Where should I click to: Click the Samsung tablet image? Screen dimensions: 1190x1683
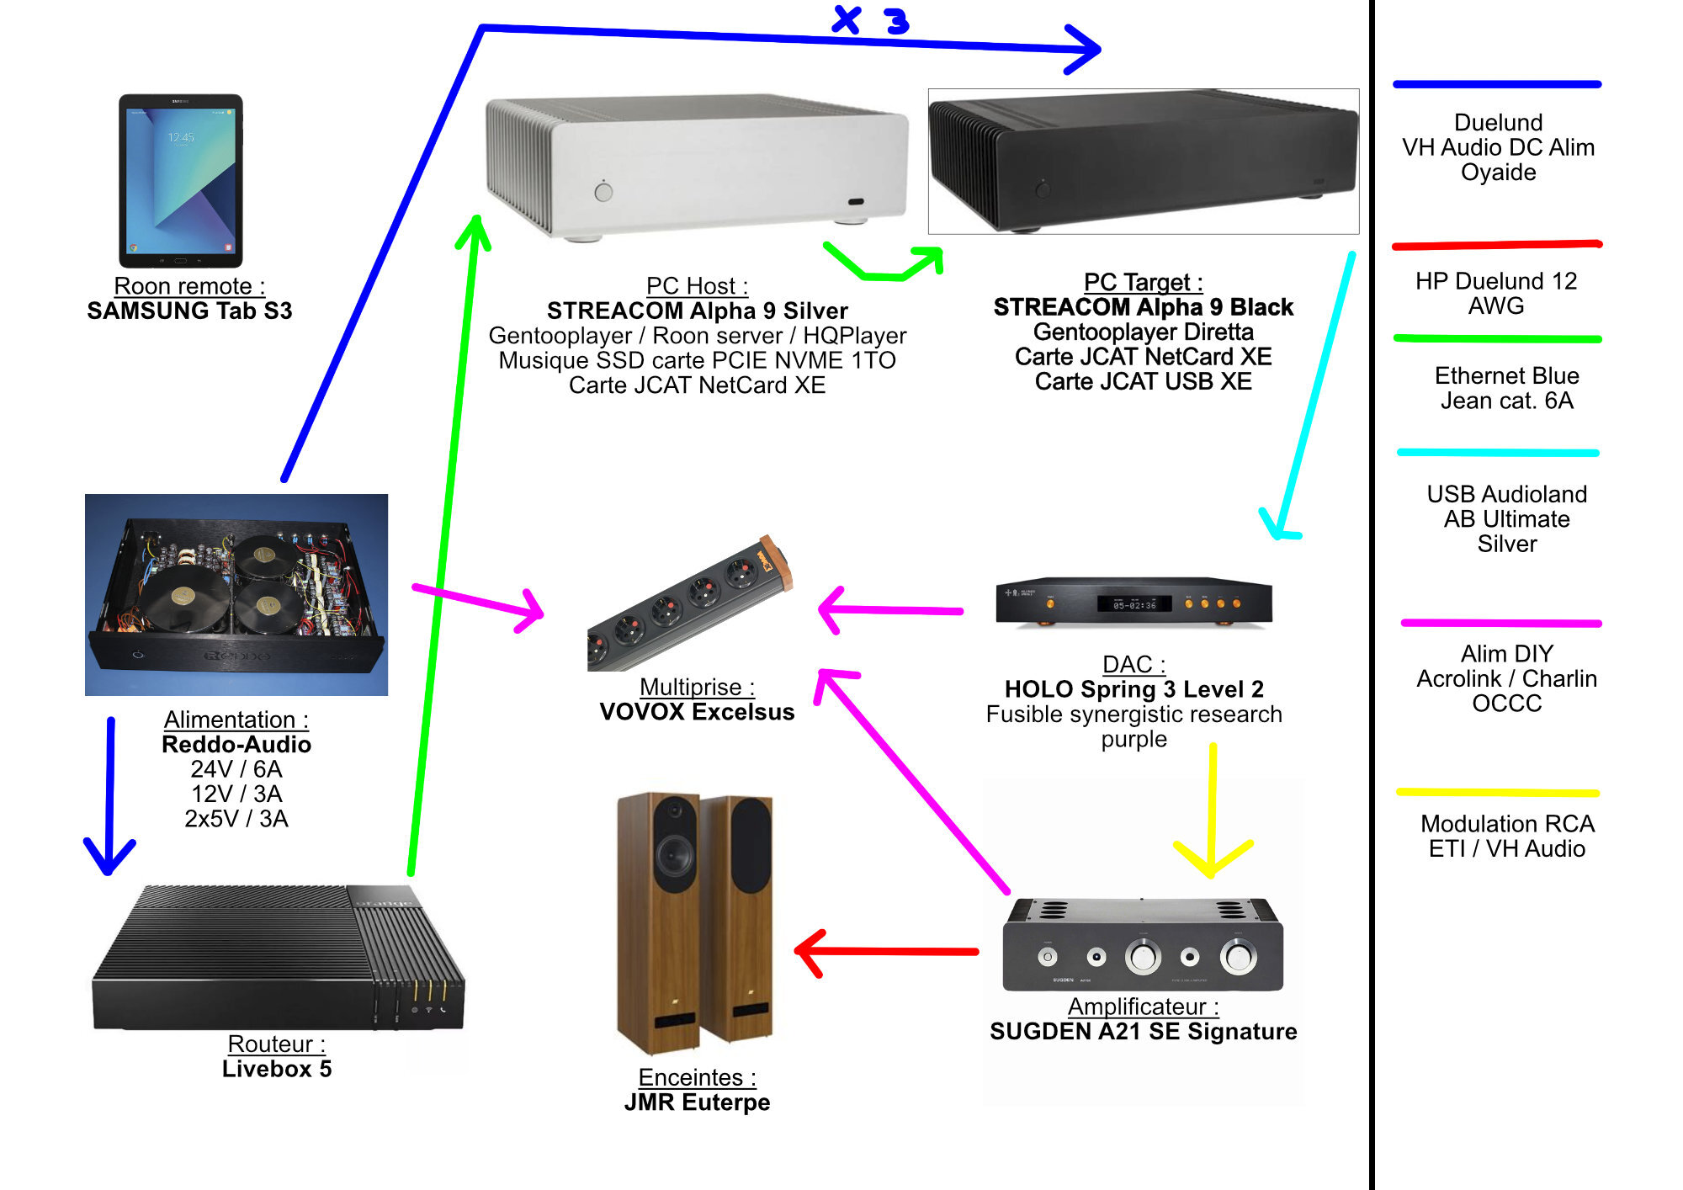180,180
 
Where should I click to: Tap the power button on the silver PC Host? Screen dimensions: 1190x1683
603,192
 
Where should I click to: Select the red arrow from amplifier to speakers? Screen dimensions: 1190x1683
888,952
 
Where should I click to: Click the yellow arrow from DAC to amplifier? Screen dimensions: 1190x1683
1212,808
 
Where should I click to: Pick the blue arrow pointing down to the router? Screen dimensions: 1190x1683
110,791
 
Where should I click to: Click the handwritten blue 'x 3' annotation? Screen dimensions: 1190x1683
871,20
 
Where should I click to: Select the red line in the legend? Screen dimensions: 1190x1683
1497,245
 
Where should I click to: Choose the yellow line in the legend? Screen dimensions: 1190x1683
1497,792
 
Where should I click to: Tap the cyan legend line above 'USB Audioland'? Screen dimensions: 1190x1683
1497,453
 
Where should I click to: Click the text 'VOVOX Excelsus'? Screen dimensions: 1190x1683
697,712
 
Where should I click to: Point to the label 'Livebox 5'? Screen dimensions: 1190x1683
277,1069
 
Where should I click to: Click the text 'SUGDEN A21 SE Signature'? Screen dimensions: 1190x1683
1143,1032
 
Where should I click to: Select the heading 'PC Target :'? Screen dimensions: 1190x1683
1143,282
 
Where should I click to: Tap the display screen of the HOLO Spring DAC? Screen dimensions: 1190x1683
1134,604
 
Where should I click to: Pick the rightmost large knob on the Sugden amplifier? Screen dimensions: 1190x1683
1238,957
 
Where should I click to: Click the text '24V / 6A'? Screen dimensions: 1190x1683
236,769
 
